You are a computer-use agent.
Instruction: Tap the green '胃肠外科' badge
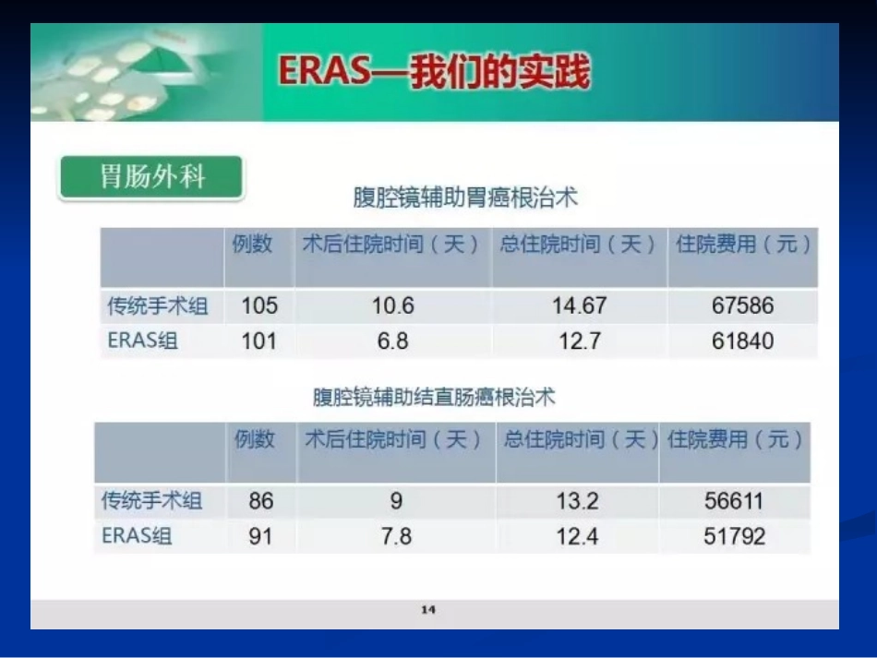click(151, 177)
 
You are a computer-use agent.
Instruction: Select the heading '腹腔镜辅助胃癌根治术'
click(465, 197)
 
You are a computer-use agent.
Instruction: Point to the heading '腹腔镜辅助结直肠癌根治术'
click(434, 398)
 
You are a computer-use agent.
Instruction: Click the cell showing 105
click(259, 305)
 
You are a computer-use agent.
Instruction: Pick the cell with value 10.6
click(392, 305)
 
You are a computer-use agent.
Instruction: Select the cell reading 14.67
click(579, 305)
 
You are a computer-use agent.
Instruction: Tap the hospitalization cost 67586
click(742, 305)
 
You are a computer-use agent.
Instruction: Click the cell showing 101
click(259, 341)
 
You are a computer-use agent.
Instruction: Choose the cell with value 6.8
click(392, 341)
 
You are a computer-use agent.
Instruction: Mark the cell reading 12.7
click(579, 341)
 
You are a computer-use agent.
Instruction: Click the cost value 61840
click(742, 341)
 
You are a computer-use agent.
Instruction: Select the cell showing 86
click(261, 501)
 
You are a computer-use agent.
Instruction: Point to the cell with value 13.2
click(577, 501)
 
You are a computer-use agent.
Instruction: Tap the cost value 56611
click(734, 501)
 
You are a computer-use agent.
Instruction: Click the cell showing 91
click(261, 536)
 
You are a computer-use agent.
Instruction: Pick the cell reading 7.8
click(396, 536)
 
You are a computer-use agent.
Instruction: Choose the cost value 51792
click(734, 536)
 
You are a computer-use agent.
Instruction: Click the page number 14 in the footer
click(427, 609)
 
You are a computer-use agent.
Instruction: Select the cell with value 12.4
click(577, 536)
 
